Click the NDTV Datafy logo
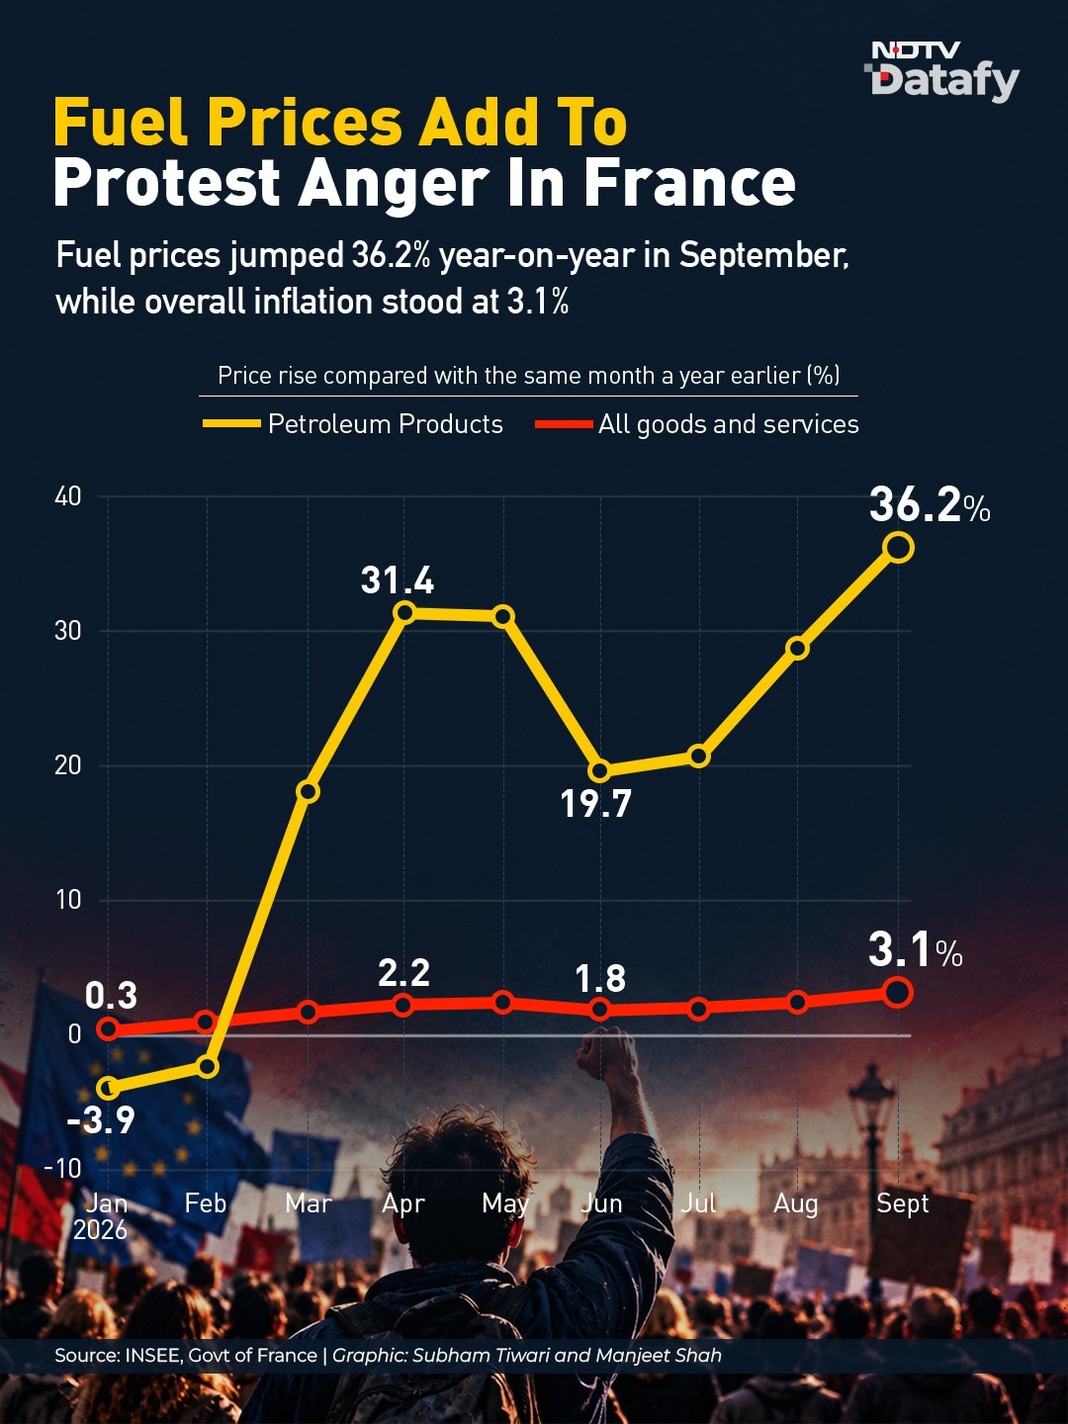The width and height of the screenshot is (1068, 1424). coord(944,71)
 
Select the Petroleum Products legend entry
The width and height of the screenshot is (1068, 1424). coord(353,424)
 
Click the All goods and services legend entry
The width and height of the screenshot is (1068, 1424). coord(697,424)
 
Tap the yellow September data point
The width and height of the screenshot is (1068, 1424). coord(899,548)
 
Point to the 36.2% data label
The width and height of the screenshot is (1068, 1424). coord(930,505)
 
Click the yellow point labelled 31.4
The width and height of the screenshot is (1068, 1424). coord(404,612)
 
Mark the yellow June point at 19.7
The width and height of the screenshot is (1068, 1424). coord(600,770)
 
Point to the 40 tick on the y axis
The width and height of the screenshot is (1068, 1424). coord(67,497)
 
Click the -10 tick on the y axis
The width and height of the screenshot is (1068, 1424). coord(63,1169)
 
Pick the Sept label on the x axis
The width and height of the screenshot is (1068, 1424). coord(902,1204)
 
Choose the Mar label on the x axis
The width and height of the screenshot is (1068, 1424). coord(308,1203)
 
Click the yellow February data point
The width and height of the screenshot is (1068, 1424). coord(207,1066)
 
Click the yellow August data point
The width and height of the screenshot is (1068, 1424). coord(798,648)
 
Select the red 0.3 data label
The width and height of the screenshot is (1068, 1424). coord(111,996)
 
